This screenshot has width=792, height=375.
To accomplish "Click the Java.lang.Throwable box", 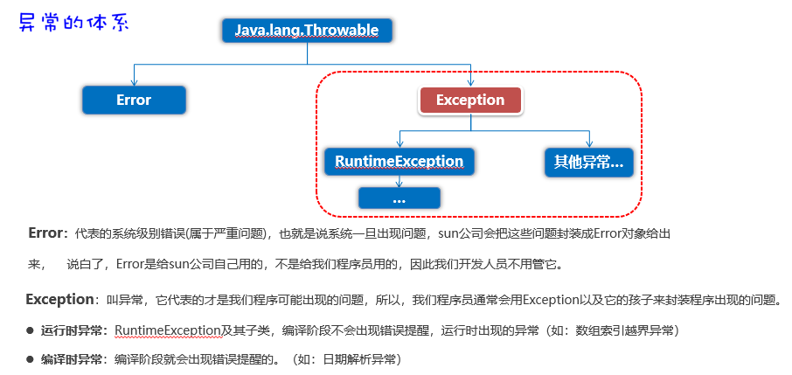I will coord(307,31).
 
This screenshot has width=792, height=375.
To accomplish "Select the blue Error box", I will coord(134,100).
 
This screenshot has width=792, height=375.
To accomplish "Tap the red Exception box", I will coord(470,101).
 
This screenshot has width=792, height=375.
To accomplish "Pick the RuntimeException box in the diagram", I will coord(399,162).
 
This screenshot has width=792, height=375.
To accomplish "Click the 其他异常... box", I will coord(589,162).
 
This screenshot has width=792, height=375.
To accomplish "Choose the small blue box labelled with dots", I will coord(399,198).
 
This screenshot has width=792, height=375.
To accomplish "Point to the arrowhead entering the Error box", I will coord(134,81).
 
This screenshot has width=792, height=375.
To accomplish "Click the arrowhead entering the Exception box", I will coord(470,82).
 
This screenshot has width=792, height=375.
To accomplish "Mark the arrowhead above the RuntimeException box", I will coord(399,144).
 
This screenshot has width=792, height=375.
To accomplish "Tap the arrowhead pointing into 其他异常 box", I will coord(589,144).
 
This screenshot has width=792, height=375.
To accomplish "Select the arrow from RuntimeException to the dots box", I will coord(399,181).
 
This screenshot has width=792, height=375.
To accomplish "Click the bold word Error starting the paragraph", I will coord(46,233).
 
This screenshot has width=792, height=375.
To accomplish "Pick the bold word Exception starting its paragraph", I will coord(59,300).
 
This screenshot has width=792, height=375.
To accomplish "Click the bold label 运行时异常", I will coord(73,330).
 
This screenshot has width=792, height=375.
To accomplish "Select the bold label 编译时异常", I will coord(73,358).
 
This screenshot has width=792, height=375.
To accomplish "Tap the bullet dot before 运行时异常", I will coord(30,330).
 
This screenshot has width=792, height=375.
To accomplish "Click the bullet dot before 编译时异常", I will coord(30,359).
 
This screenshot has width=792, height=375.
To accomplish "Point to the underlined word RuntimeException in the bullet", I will coord(167,330).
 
